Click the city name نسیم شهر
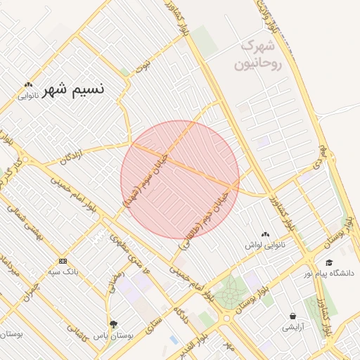coord(73,90)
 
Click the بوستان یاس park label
coord(112,336)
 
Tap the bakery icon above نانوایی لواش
coord(264,235)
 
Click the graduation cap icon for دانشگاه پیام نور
coord(329,262)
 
